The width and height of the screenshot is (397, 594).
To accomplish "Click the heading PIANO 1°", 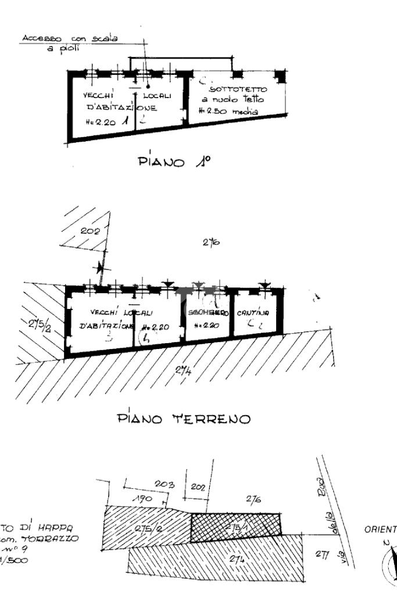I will [x=174, y=161].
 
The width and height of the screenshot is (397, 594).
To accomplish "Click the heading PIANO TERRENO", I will [x=184, y=418].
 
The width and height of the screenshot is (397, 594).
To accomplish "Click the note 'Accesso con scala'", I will [x=69, y=38].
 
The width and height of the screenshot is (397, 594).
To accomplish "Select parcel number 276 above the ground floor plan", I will [x=210, y=243].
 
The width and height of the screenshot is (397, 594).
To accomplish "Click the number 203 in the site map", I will [x=165, y=484].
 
